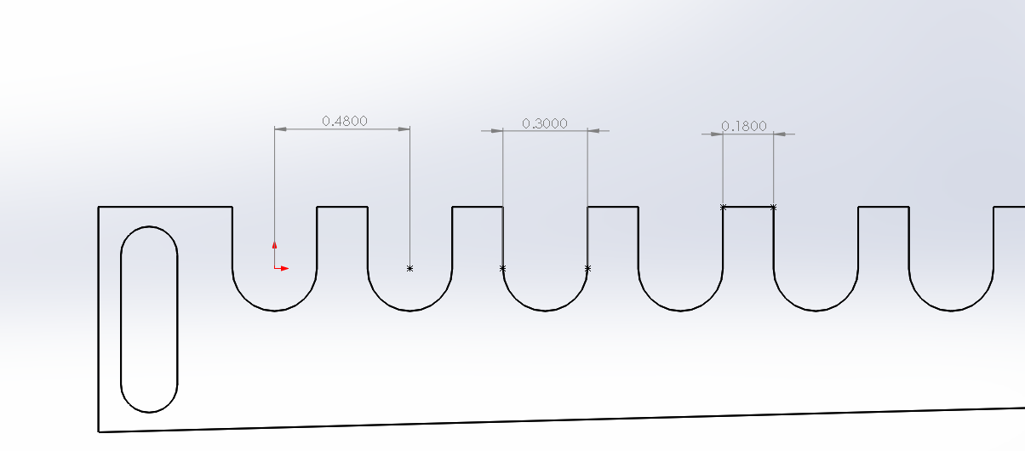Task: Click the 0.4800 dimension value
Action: click(345, 121)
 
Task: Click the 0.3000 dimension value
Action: click(545, 123)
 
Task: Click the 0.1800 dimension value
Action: click(744, 126)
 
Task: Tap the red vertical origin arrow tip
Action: click(274, 243)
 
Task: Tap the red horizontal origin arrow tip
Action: click(289, 269)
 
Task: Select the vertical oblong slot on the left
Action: click(121, 320)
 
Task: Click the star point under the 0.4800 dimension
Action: click(409, 269)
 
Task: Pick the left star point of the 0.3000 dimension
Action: click(503, 269)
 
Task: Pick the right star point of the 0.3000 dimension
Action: click(587, 269)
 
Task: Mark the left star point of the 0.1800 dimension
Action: click(723, 207)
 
